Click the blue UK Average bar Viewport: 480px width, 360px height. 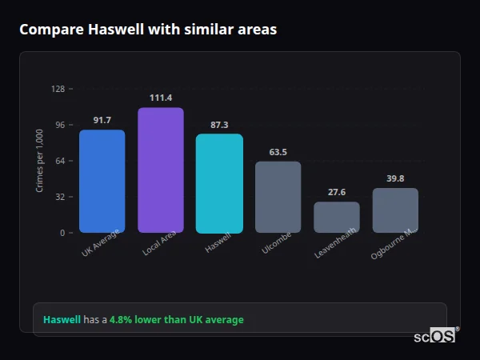click(102, 182)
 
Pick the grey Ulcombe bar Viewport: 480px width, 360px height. click(278, 198)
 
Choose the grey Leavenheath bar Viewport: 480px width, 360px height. click(336, 218)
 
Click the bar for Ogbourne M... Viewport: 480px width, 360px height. click(395, 210)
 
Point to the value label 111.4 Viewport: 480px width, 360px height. click(160, 98)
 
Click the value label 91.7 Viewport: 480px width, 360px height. click(102, 120)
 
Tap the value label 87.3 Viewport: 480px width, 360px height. click(219, 124)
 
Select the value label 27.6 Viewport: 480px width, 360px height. click(336, 192)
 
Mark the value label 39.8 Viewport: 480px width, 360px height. click(395, 178)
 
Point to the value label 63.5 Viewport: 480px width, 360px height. click(278, 151)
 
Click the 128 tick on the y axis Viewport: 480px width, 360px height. click(58, 89)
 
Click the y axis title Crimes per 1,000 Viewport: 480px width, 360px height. click(39, 161)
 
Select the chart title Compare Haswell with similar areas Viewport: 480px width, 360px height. click(148, 30)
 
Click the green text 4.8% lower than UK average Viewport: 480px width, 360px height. click(176, 320)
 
